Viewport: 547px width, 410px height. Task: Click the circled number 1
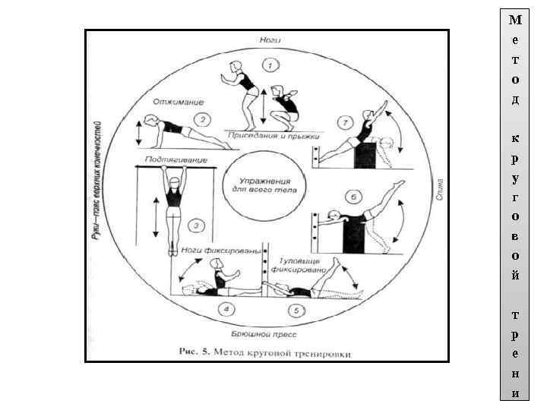pyautogui.click(x=268, y=63)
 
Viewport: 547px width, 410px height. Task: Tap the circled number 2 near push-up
pyautogui.click(x=202, y=119)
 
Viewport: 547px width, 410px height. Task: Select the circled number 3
pyautogui.click(x=197, y=225)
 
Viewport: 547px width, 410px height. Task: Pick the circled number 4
pyautogui.click(x=226, y=308)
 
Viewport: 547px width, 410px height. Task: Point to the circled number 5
pyautogui.click(x=296, y=310)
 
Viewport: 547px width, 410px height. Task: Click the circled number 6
pyautogui.click(x=353, y=197)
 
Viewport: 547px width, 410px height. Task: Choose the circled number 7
pyautogui.click(x=345, y=121)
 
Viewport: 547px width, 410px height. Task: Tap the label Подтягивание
pyautogui.click(x=174, y=159)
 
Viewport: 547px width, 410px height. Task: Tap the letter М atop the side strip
pyautogui.click(x=516, y=20)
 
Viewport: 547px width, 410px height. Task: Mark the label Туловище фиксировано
pyautogui.click(x=303, y=262)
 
